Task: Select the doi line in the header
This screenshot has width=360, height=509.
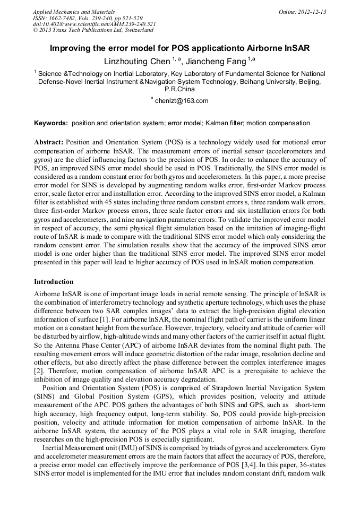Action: (x=94, y=24)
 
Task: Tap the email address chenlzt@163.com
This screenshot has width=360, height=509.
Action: (x=182, y=101)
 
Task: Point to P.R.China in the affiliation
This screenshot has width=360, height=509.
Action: (x=180, y=89)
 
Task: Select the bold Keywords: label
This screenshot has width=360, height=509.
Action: (x=51, y=123)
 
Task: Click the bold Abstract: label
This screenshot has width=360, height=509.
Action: (x=49, y=143)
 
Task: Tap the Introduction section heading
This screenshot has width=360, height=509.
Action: (x=54, y=281)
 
